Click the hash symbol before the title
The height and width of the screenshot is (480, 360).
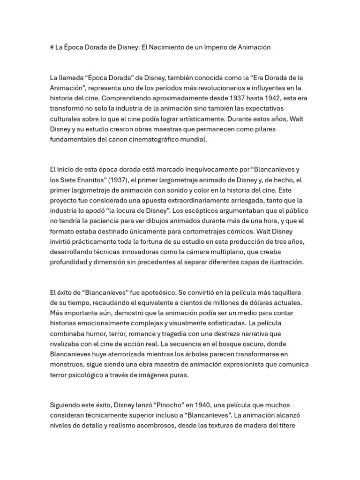click(52, 47)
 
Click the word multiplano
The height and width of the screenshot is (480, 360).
click(205, 252)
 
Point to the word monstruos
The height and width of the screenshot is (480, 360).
click(66, 364)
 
